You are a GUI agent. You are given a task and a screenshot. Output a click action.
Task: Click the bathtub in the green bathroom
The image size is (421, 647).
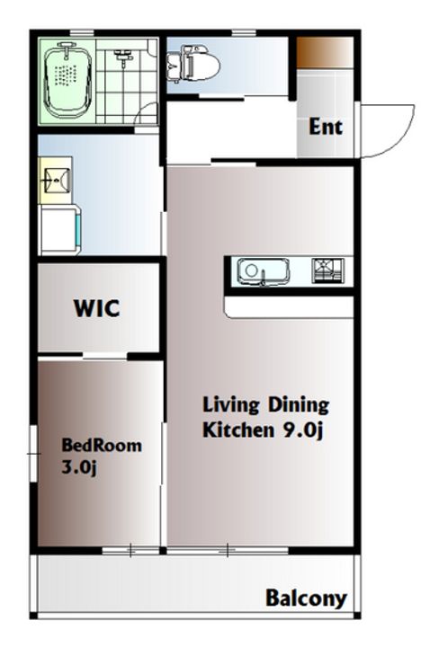pos(67,81)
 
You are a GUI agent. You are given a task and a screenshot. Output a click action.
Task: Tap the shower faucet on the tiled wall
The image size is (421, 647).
pos(123,57)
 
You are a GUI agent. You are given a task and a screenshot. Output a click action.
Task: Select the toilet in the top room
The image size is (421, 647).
pos(193,65)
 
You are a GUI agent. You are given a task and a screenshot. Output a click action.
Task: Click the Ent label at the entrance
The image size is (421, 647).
pos(326,127)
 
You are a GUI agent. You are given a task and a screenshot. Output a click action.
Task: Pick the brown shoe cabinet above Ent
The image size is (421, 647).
pos(325,51)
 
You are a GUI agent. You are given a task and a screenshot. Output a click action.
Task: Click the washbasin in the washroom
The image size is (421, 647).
pos(56,181)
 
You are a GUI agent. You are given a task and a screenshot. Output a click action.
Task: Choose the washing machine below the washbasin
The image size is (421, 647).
pos(60,230)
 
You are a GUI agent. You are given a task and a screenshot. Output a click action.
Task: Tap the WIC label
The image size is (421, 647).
pos(96,308)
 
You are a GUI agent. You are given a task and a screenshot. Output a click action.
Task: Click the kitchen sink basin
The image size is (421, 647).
pos(263,271)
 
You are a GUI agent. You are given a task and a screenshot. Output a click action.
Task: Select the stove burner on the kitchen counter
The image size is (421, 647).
pos(327,270)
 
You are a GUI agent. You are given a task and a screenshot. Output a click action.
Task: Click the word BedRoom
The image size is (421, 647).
pos(102,445)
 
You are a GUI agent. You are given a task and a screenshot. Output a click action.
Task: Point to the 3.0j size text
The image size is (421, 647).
pos(79,467)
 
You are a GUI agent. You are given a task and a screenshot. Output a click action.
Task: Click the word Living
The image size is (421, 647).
pos(230,404)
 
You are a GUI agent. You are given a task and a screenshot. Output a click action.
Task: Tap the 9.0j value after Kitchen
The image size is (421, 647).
pos(302,430)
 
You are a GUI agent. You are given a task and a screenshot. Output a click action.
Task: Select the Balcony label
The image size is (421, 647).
pos(306,598)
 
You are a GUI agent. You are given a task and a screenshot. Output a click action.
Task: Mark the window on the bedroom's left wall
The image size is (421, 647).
pos(34,454)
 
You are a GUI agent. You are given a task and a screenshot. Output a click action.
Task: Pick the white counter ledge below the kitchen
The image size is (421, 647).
pos(289,307)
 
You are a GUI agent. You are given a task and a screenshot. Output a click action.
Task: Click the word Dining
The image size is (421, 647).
pos(300,404)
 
